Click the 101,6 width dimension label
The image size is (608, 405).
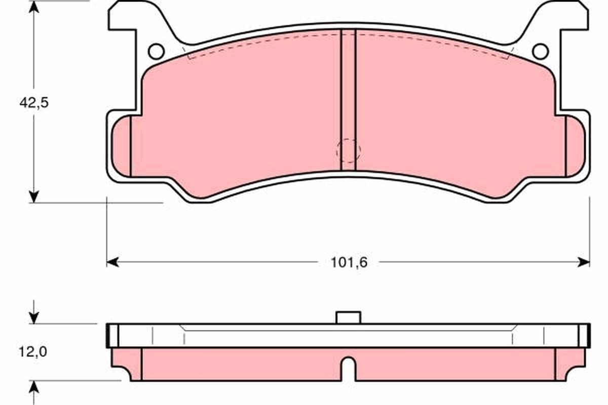click(x=348, y=262)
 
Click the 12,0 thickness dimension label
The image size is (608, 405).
click(x=33, y=351)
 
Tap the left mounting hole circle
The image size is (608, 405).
click(x=156, y=51)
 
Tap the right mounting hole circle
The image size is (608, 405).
click(x=540, y=51)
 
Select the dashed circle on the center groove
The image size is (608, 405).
click(x=349, y=150)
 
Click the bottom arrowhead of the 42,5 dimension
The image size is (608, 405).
click(x=34, y=196)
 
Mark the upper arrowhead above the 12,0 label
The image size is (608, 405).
click(x=34, y=318)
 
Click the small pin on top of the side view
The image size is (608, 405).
click(x=349, y=317)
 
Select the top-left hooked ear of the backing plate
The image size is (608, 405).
click(x=127, y=15)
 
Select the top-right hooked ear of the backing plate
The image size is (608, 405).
click(x=570, y=15)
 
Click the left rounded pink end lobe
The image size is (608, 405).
click(x=121, y=146)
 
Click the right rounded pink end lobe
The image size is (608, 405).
click(x=575, y=146)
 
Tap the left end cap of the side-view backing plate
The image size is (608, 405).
click(x=112, y=336)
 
